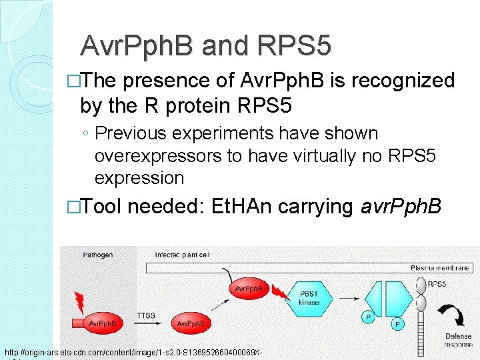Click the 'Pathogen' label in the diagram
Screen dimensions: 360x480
pos(99,255)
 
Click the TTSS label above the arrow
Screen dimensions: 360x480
pos(146,314)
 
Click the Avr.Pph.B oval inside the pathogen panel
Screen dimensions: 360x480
pos(103,323)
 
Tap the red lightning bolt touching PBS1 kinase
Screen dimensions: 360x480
pos(279,292)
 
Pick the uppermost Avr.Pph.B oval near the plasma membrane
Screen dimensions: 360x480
pos(249,288)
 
